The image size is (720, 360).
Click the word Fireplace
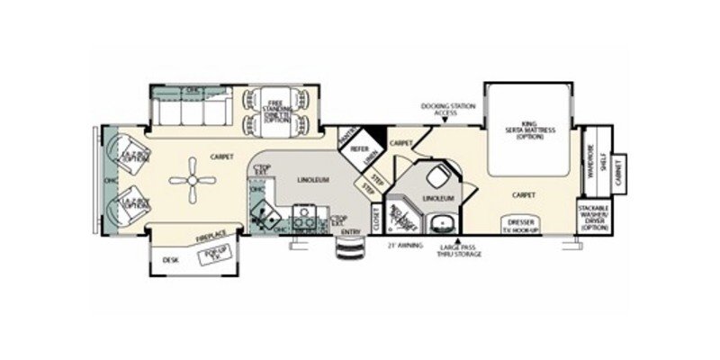pos(209,236)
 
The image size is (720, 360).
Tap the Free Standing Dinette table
pos(275,116)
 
